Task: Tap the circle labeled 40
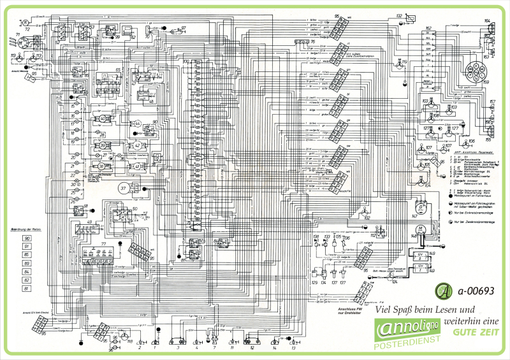103,119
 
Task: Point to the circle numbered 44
137,123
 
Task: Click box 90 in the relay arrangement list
27,238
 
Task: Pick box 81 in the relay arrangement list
27,287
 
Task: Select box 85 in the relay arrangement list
27,254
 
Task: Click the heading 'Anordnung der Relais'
27,228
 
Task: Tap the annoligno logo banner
406,330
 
